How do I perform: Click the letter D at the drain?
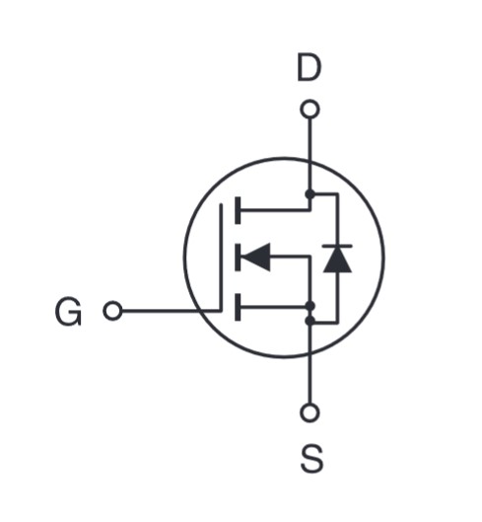(x=310, y=68)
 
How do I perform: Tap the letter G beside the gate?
(x=68, y=312)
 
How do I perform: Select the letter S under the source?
(x=311, y=459)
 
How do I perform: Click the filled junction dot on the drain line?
(x=310, y=193)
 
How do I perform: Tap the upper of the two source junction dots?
(x=310, y=306)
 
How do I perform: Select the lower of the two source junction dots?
(x=310, y=321)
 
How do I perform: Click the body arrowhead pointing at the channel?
(x=255, y=257)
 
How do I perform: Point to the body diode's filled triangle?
(x=337, y=260)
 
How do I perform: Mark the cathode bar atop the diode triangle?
(x=337, y=246)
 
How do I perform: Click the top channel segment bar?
(x=238, y=210)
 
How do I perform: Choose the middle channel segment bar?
(x=238, y=257)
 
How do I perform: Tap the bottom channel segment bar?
(x=238, y=307)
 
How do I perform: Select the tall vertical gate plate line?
(x=221, y=258)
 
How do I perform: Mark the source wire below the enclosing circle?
(x=310, y=380)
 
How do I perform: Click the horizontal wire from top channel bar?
(x=275, y=210)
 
